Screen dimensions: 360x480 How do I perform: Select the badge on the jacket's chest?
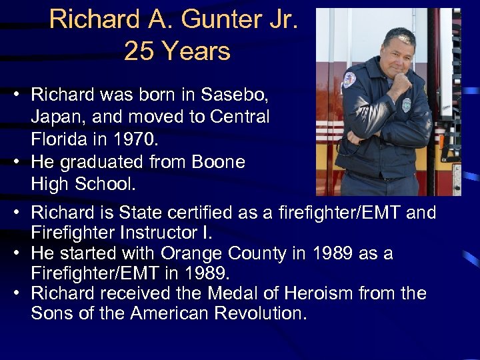(406, 104)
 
